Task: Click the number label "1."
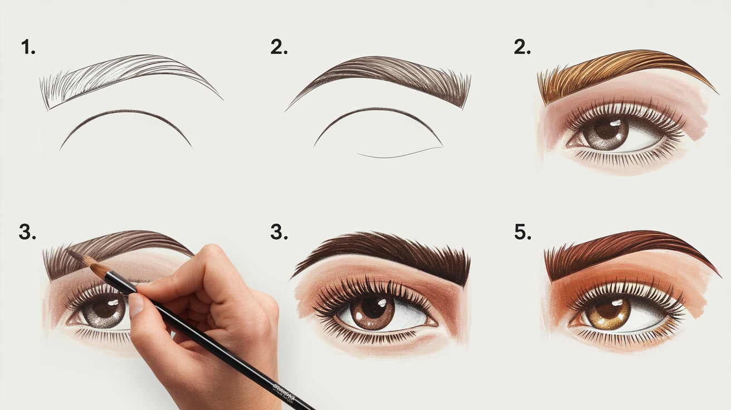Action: [28, 47]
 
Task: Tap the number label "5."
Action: [523, 232]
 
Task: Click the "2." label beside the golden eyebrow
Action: [522, 47]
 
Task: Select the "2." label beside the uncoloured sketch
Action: [279, 47]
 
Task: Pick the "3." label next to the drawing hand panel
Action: [27, 232]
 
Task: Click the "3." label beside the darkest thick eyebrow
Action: [279, 232]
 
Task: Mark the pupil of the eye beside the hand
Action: [104, 309]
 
